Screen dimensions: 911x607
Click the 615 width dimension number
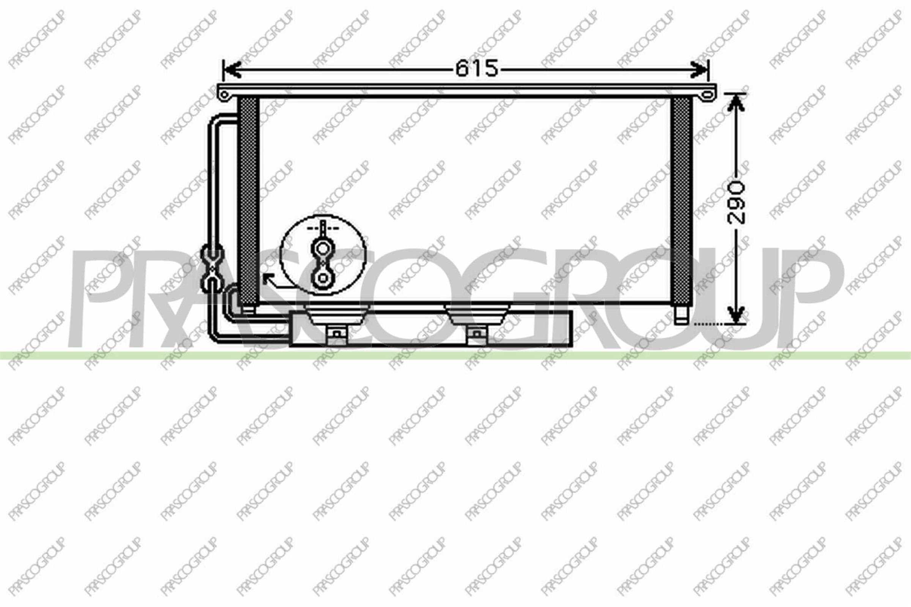tap(476, 69)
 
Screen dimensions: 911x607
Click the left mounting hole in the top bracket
tap(224, 94)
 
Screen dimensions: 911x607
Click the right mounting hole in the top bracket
tap(707, 94)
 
